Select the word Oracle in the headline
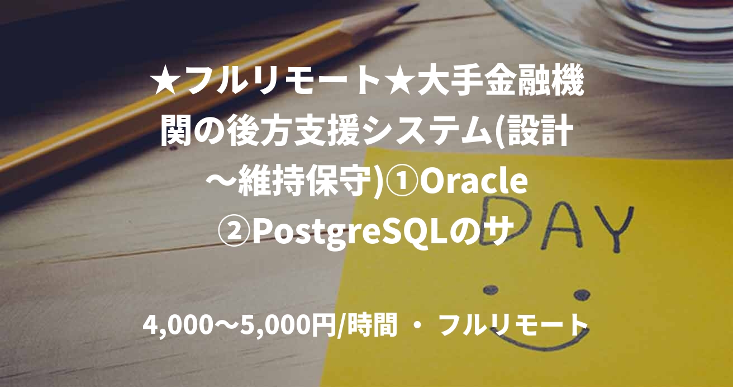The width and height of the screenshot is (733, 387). coord(474,184)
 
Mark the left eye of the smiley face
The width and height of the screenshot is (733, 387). coord(491,289)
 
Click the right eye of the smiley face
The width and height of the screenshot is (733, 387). coord(581,294)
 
